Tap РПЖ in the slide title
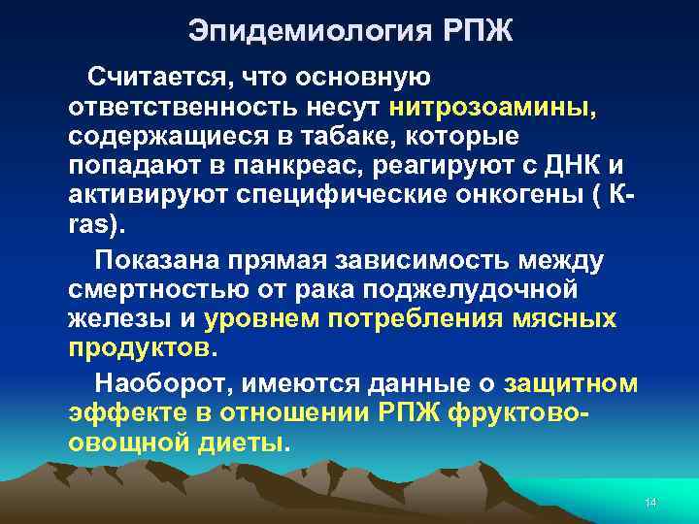pyautogui.click(x=476, y=31)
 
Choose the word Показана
pyautogui.click(x=161, y=260)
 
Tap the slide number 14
pyautogui.click(x=650, y=502)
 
